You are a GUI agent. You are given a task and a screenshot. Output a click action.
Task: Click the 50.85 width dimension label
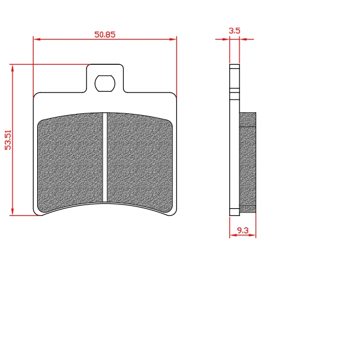(x=104, y=34)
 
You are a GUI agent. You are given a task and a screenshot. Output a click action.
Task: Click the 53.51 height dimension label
(x=8, y=140)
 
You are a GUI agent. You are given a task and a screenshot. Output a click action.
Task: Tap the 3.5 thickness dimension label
(x=235, y=31)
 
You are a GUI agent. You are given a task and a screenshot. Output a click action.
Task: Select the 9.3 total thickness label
(x=242, y=230)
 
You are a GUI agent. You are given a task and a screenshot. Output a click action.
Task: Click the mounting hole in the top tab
(x=105, y=83)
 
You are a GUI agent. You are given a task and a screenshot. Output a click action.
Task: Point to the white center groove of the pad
(x=105, y=157)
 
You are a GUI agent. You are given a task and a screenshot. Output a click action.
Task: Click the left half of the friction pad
(x=70, y=162)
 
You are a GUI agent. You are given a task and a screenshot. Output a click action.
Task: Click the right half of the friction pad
(x=140, y=162)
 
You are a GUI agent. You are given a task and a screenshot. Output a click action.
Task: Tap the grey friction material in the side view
(x=248, y=163)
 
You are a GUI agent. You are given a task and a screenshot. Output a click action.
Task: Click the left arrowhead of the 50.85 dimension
(x=37, y=39)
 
